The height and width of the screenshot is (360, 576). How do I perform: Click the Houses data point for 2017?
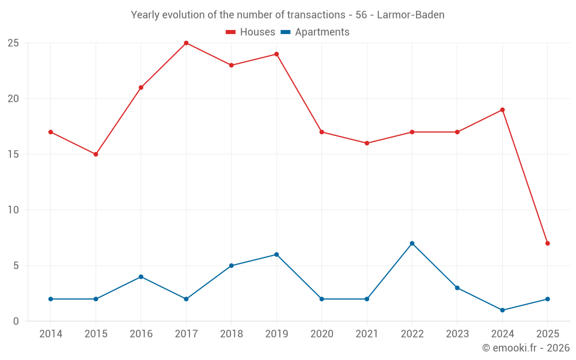point(186,43)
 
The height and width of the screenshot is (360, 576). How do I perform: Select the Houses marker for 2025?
point(547,243)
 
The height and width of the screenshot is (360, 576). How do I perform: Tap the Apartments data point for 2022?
point(412,243)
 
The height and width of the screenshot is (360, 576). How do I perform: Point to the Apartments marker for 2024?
point(502,310)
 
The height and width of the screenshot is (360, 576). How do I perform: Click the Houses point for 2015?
point(96,154)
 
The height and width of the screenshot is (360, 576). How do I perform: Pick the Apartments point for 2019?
point(276,255)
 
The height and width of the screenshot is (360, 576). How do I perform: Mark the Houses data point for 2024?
point(502,110)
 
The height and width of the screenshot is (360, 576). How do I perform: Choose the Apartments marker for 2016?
point(141,276)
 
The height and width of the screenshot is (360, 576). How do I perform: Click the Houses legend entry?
point(251,32)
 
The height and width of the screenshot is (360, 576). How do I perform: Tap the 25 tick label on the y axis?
point(13,43)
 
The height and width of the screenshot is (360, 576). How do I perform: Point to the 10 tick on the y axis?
point(13,210)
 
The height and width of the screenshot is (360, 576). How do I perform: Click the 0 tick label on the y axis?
point(16,321)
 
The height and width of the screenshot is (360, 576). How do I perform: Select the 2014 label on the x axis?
point(51,334)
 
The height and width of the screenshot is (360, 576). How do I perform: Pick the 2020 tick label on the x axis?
point(321,334)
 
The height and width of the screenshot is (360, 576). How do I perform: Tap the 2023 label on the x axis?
point(457,334)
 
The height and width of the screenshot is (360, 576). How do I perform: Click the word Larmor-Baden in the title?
point(411,15)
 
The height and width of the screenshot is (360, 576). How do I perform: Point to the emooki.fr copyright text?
point(525,348)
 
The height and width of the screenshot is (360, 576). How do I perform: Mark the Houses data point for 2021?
point(367,143)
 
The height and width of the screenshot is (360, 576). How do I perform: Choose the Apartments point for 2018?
point(231,266)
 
